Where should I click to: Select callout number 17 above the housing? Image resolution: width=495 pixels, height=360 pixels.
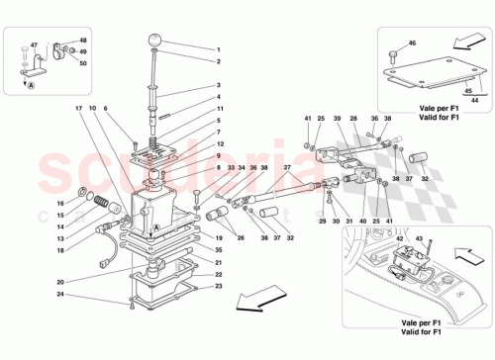(77, 107)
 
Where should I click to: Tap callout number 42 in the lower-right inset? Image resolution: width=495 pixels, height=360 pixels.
(399, 238)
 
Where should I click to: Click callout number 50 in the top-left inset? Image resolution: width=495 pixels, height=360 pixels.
(83, 63)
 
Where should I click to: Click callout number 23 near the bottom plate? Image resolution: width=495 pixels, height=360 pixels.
(219, 287)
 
